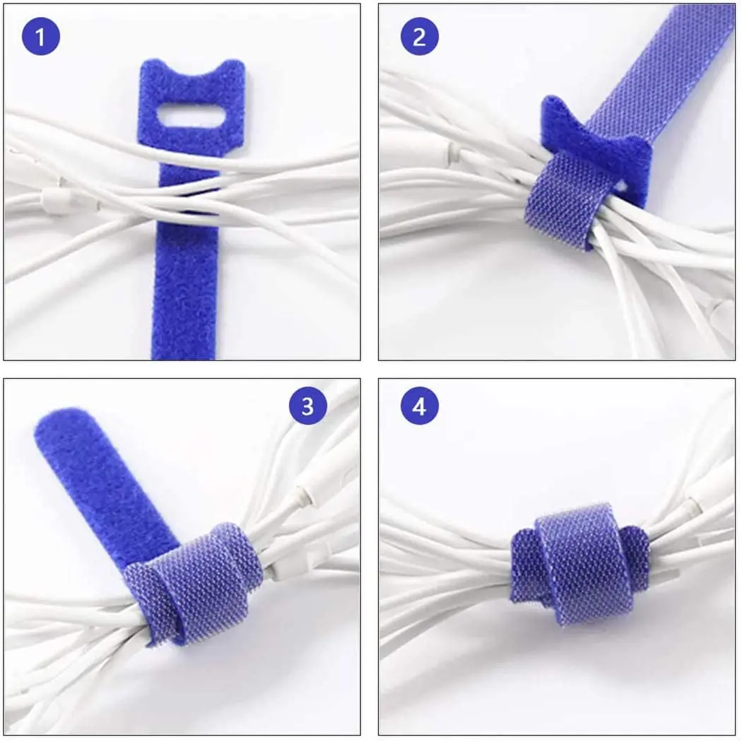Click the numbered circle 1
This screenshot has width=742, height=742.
click(x=40, y=37)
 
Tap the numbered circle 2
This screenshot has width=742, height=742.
click(x=419, y=37)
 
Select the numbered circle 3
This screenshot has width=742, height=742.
click(x=307, y=406)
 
